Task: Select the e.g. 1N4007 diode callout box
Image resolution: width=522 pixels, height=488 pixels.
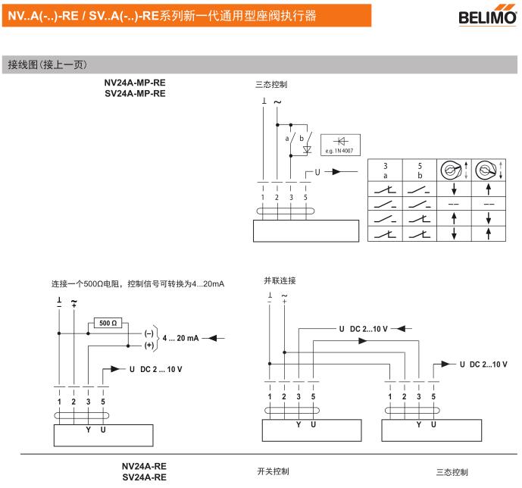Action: click(x=339, y=144)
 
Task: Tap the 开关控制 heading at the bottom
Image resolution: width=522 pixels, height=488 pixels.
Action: click(x=274, y=471)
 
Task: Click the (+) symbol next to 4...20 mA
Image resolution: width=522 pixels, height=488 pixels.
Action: click(x=148, y=346)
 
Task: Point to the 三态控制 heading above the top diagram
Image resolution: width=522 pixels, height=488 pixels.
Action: click(x=271, y=85)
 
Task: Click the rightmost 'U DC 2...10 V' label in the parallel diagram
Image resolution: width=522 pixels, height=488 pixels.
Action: click(x=483, y=364)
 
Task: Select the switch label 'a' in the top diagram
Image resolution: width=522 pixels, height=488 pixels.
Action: click(x=287, y=139)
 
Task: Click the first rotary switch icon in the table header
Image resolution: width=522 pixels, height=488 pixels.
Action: click(x=453, y=169)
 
